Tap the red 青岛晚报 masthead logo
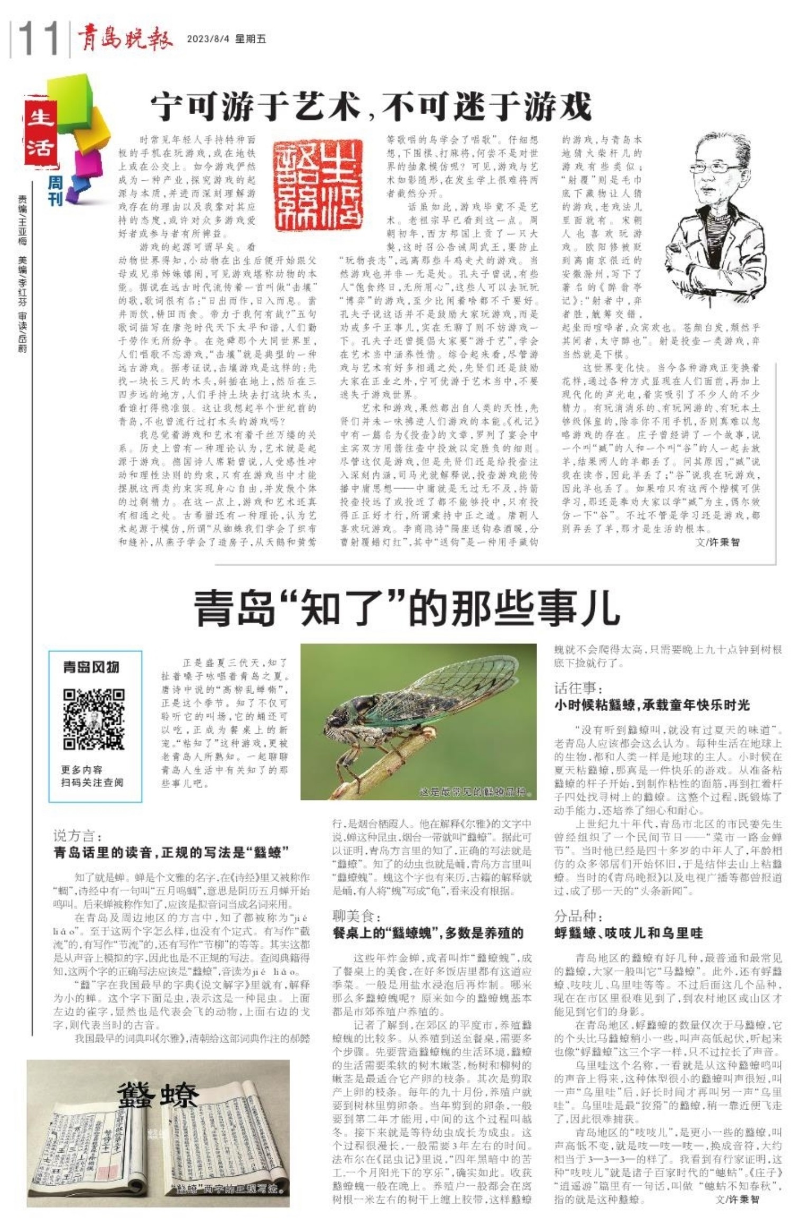click(125, 39)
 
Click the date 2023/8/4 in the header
click(208, 39)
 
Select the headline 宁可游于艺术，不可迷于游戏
click(371, 106)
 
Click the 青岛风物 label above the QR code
click(91, 667)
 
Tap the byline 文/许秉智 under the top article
click(717, 542)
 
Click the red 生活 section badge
click(40, 132)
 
